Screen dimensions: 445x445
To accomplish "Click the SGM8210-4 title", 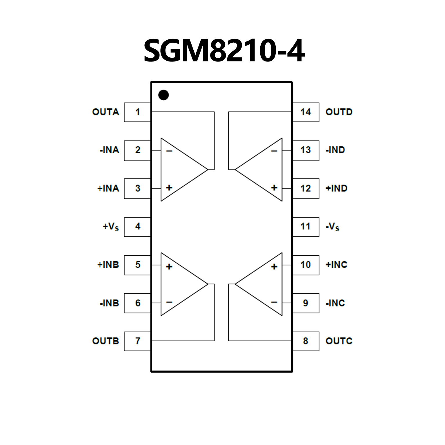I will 224,51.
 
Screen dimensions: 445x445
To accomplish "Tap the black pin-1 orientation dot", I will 164,95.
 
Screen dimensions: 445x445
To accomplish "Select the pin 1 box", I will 137,112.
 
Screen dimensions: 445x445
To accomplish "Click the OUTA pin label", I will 106,112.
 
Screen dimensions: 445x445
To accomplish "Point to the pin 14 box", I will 306,112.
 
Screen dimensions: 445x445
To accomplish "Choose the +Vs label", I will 111,226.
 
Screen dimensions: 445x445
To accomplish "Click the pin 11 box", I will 306,226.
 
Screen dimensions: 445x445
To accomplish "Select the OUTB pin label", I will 106,341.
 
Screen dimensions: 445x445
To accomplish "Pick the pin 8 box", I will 306,341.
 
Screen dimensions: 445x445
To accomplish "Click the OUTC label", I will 339,341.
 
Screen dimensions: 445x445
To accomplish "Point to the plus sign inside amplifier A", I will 169,188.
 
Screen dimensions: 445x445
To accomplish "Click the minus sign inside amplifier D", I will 274,151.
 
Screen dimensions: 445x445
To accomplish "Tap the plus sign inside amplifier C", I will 274,266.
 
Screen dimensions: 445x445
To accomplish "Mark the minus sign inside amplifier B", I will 169,302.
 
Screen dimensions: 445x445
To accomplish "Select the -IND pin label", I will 335,150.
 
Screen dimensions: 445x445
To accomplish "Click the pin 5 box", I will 137,265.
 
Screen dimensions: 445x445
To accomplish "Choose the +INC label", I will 336,265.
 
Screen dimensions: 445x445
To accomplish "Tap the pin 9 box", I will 306,303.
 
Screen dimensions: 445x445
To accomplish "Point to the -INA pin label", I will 109,150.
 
